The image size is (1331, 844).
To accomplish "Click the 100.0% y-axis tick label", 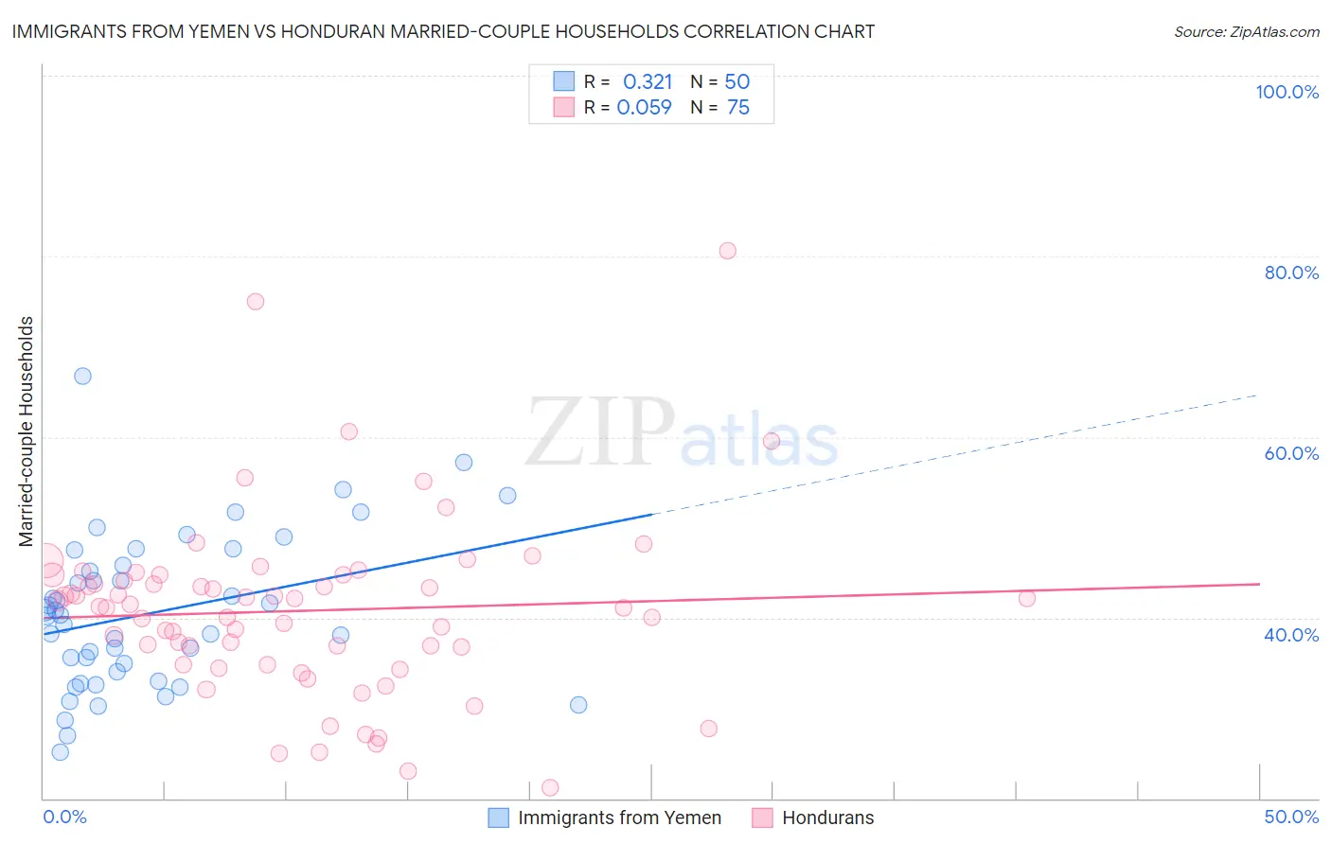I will coord(1287,92).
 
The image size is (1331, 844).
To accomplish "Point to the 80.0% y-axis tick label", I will coord(1291,273).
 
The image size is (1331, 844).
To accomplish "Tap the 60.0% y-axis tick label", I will coord(1291,453).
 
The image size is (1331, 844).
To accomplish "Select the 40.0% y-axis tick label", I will coord(1291,634).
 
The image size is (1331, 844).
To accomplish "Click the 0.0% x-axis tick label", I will coord(64,817).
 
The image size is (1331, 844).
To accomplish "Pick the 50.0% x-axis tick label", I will coord(1291,817).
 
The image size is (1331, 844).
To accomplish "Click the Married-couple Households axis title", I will coord(27,431).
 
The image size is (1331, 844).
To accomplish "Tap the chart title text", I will coord(443,31).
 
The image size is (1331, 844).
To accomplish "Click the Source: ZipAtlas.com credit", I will coord(1246,31).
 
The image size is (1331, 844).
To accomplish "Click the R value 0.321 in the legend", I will coord(648,81).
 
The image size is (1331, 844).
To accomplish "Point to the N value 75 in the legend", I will coord(737,107).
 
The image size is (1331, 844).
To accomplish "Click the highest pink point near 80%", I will coord(727,251).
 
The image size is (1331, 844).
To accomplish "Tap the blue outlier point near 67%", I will coord(82,376).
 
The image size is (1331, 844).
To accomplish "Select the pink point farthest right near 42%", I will coord(1026,598).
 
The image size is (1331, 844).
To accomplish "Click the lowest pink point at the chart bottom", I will coord(549,787).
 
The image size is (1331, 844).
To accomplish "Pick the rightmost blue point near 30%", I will coord(578,705).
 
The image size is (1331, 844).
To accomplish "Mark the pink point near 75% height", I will coord(255,302).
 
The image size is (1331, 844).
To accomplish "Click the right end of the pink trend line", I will coord(1259,584).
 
